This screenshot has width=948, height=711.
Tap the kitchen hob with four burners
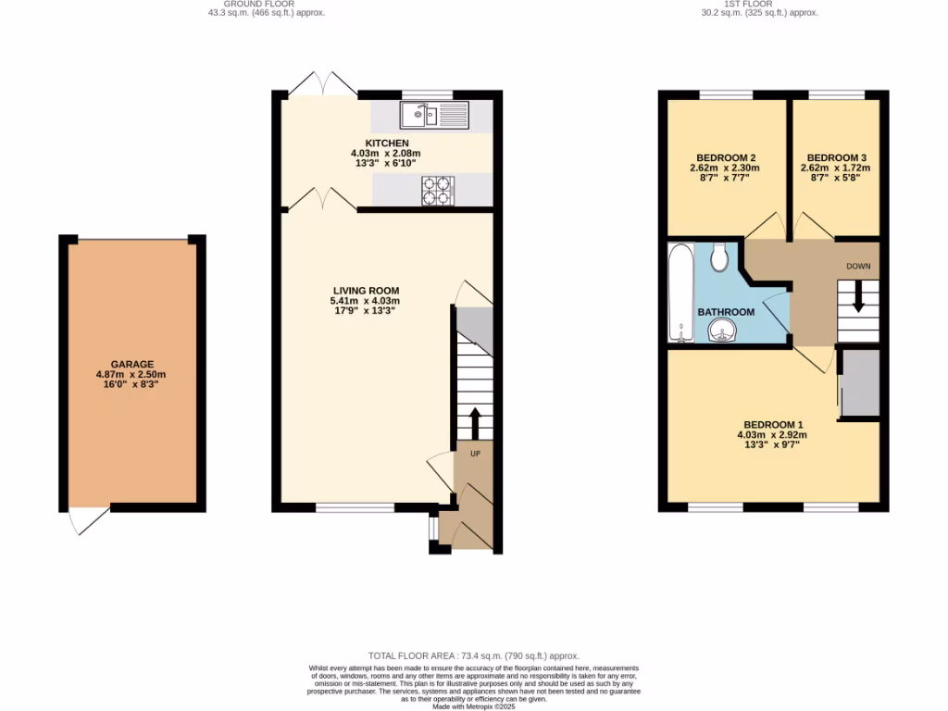(x=439, y=190)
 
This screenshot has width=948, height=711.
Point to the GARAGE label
(x=131, y=364)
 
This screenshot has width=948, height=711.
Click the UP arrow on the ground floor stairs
(x=475, y=423)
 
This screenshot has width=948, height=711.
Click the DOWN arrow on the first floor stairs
(x=858, y=300)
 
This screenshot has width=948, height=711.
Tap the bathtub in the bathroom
(x=680, y=293)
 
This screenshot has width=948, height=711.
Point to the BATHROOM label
(x=725, y=312)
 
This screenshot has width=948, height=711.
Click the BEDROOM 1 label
(x=771, y=425)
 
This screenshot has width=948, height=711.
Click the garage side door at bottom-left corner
(x=88, y=521)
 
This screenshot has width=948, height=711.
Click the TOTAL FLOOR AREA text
(x=473, y=654)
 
